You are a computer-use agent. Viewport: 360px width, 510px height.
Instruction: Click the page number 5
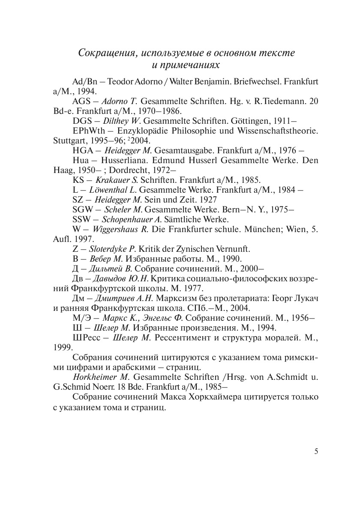tap(316, 451)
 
